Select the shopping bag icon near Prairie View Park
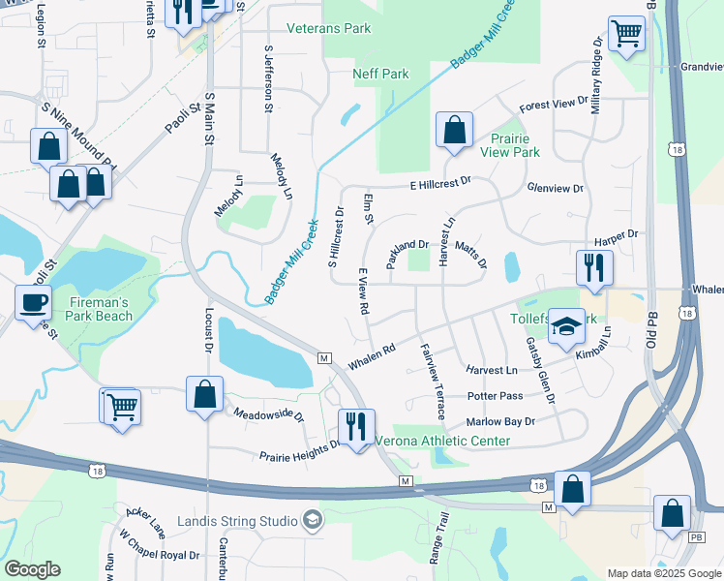[x=453, y=130]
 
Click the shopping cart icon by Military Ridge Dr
[x=626, y=35]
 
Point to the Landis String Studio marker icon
[x=312, y=521]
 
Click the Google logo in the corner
[x=32, y=569]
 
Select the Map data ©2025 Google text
[x=663, y=573]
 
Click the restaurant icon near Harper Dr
[x=594, y=266]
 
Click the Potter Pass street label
[x=495, y=396]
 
